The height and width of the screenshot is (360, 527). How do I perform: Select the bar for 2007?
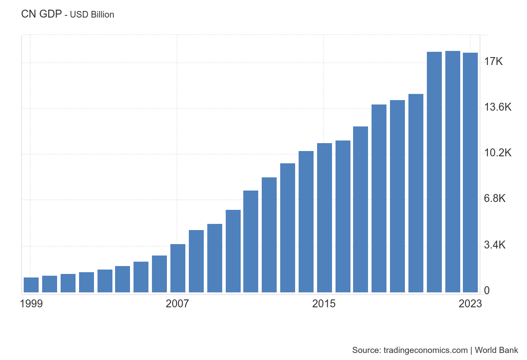point(178,268)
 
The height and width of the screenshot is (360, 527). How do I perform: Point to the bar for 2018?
point(379,198)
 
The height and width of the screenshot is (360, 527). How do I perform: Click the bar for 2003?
point(105,281)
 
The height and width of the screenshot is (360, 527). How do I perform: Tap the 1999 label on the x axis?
point(32,304)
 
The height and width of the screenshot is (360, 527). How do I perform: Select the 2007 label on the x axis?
point(177,304)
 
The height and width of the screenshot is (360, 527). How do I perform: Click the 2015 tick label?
point(324,304)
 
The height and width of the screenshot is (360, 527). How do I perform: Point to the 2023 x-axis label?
point(470,304)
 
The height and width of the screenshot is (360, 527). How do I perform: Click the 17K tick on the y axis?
point(493,61)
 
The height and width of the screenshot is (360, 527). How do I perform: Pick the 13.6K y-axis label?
point(498,107)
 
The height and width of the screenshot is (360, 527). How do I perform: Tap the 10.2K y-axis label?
point(498,153)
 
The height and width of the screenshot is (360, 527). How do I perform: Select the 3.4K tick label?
point(495,245)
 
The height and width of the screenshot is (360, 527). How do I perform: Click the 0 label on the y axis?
point(487,291)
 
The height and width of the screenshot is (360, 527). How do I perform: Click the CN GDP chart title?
point(41,14)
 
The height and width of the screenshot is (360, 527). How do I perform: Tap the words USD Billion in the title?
point(92,15)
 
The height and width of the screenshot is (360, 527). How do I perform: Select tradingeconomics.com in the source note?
point(425,350)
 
